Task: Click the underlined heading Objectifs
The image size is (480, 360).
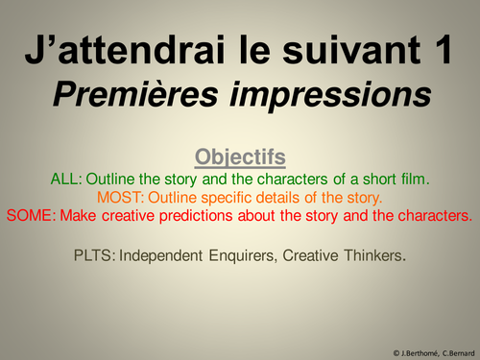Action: tap(240, 156)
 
